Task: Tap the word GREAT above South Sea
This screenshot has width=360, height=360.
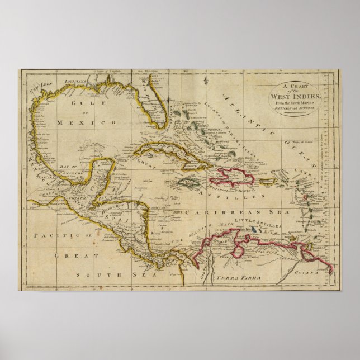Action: pos(68,255)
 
